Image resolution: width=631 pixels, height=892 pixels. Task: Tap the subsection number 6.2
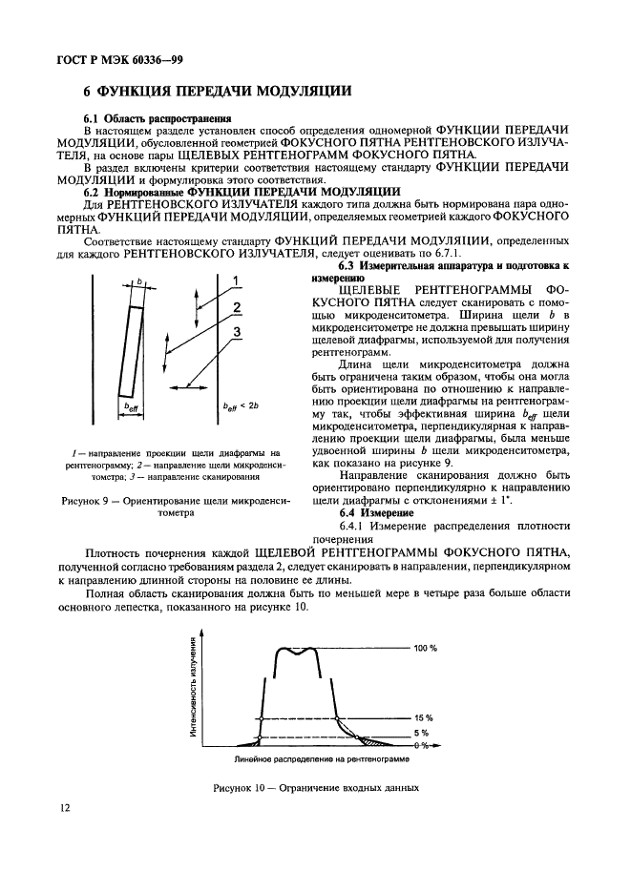[x=94, y=191]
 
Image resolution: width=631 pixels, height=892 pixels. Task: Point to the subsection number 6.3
[x=350, y=264]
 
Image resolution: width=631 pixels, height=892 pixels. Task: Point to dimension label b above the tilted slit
[x=139, y=281]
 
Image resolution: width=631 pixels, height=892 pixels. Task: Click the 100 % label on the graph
[x=425, y=648]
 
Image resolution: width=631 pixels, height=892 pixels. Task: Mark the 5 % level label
[x=422, y=734]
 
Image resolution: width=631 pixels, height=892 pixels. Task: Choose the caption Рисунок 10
[x=244, y=788]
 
